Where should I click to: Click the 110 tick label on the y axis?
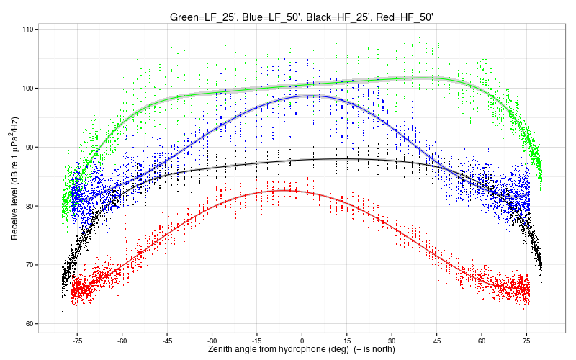[x=27, y=30]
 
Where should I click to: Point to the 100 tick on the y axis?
[x=27, y=89]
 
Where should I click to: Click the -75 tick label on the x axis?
[x=77, y=341]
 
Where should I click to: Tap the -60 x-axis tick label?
[x=122, y=341]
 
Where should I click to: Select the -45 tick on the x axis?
[x=167, y=341]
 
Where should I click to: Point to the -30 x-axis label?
[x=212, y=341]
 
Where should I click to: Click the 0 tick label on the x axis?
[x=302, y=341]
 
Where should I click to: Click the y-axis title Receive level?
[x=14, y=176]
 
